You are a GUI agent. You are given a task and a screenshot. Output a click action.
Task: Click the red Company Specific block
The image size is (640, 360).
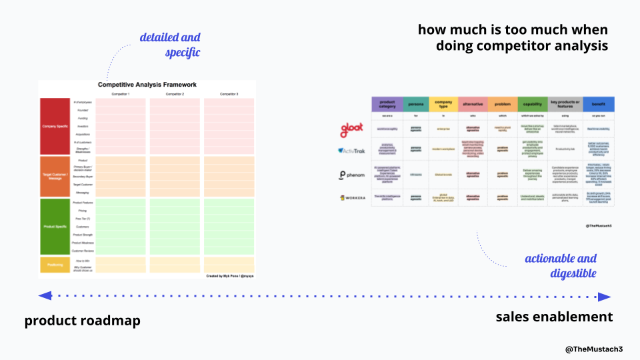coord(55,126)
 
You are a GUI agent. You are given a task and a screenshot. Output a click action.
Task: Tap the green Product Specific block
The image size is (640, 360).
coord(55,227)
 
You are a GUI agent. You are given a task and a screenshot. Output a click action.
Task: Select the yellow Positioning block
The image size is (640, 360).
coord(55,265)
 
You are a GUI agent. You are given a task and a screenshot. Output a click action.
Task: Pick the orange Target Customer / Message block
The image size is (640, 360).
coord(55,177)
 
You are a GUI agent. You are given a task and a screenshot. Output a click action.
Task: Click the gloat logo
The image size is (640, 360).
coord(351,128)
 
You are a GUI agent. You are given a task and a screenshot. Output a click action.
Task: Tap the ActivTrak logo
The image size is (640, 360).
coord(351,151)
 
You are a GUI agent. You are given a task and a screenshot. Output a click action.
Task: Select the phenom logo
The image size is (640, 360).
coord(351,175)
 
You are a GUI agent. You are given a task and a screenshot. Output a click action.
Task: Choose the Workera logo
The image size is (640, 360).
coord(351,198)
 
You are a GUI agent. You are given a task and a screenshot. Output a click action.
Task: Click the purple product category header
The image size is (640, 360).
coord(387,104)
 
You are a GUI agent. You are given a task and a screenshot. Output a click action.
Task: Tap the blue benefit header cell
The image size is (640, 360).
coord(598,104)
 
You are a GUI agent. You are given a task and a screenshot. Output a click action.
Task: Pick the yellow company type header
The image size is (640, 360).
coord(443,104)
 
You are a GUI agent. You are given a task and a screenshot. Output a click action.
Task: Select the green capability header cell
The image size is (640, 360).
coord(533,104)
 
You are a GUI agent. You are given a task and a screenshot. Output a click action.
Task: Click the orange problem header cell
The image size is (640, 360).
coord(503,104)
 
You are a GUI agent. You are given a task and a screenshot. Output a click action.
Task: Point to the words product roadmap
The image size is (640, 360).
coord(83,321)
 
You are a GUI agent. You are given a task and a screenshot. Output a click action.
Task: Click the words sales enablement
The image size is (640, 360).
coord(554,316)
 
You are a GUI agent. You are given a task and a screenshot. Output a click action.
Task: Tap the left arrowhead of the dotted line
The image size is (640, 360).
coord(44,295)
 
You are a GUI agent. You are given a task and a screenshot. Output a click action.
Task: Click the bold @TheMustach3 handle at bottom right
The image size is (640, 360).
coord(593,349)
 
